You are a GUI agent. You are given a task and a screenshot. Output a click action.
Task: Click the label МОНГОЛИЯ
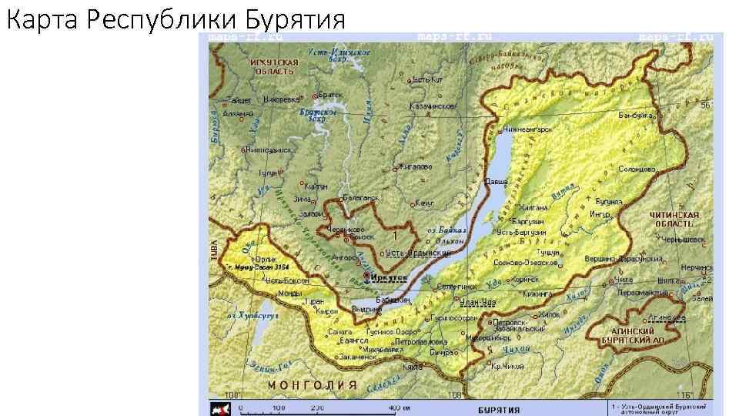(x=311, y=384)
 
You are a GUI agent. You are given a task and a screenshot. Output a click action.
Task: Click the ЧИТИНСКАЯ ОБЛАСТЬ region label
(x=674, y=219)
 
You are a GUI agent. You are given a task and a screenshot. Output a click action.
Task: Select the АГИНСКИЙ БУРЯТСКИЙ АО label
(x=634, y=333)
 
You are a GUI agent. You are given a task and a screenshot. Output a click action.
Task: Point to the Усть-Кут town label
(x=428, y=79)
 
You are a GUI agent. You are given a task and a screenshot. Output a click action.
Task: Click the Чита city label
(x=623, y=281)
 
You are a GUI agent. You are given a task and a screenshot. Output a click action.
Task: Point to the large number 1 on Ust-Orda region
(x=394, y=234)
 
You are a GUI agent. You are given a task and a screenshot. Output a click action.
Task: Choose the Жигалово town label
(x=414, y=166)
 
